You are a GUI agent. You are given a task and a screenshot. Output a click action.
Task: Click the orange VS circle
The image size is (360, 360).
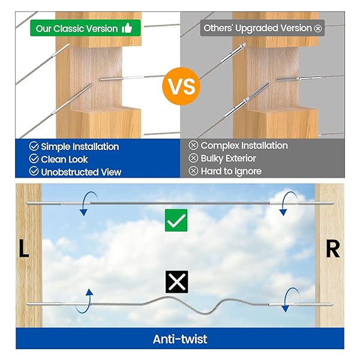point(181,86)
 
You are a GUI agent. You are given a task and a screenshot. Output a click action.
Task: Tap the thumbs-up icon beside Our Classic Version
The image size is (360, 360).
point(127,28)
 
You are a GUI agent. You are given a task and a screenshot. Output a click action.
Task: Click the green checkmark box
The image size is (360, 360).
point(176,220)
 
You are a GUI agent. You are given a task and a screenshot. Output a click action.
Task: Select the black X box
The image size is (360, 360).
point(177,282)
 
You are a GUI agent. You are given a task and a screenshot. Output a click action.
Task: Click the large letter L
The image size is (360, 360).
point(23,248)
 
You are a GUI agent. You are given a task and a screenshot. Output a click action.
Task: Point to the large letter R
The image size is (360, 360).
point(332,249)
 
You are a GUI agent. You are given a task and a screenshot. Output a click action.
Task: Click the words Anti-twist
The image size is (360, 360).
point(180,339)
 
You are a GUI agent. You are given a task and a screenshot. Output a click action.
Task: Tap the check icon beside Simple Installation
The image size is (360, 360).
point(34,146)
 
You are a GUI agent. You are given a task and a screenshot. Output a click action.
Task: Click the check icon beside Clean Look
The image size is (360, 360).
point(34,158)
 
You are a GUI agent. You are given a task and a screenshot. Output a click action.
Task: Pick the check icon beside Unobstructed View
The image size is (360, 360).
point(34,171)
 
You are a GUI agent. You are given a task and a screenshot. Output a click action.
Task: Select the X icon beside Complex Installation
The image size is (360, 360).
point(193,145)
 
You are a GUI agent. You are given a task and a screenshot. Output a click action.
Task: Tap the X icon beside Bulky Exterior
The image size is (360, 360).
point(193,158)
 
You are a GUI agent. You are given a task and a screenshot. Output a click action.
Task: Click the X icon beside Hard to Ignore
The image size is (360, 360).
point(193,171)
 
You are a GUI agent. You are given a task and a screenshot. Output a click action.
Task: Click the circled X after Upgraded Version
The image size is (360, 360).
point(318,29)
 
